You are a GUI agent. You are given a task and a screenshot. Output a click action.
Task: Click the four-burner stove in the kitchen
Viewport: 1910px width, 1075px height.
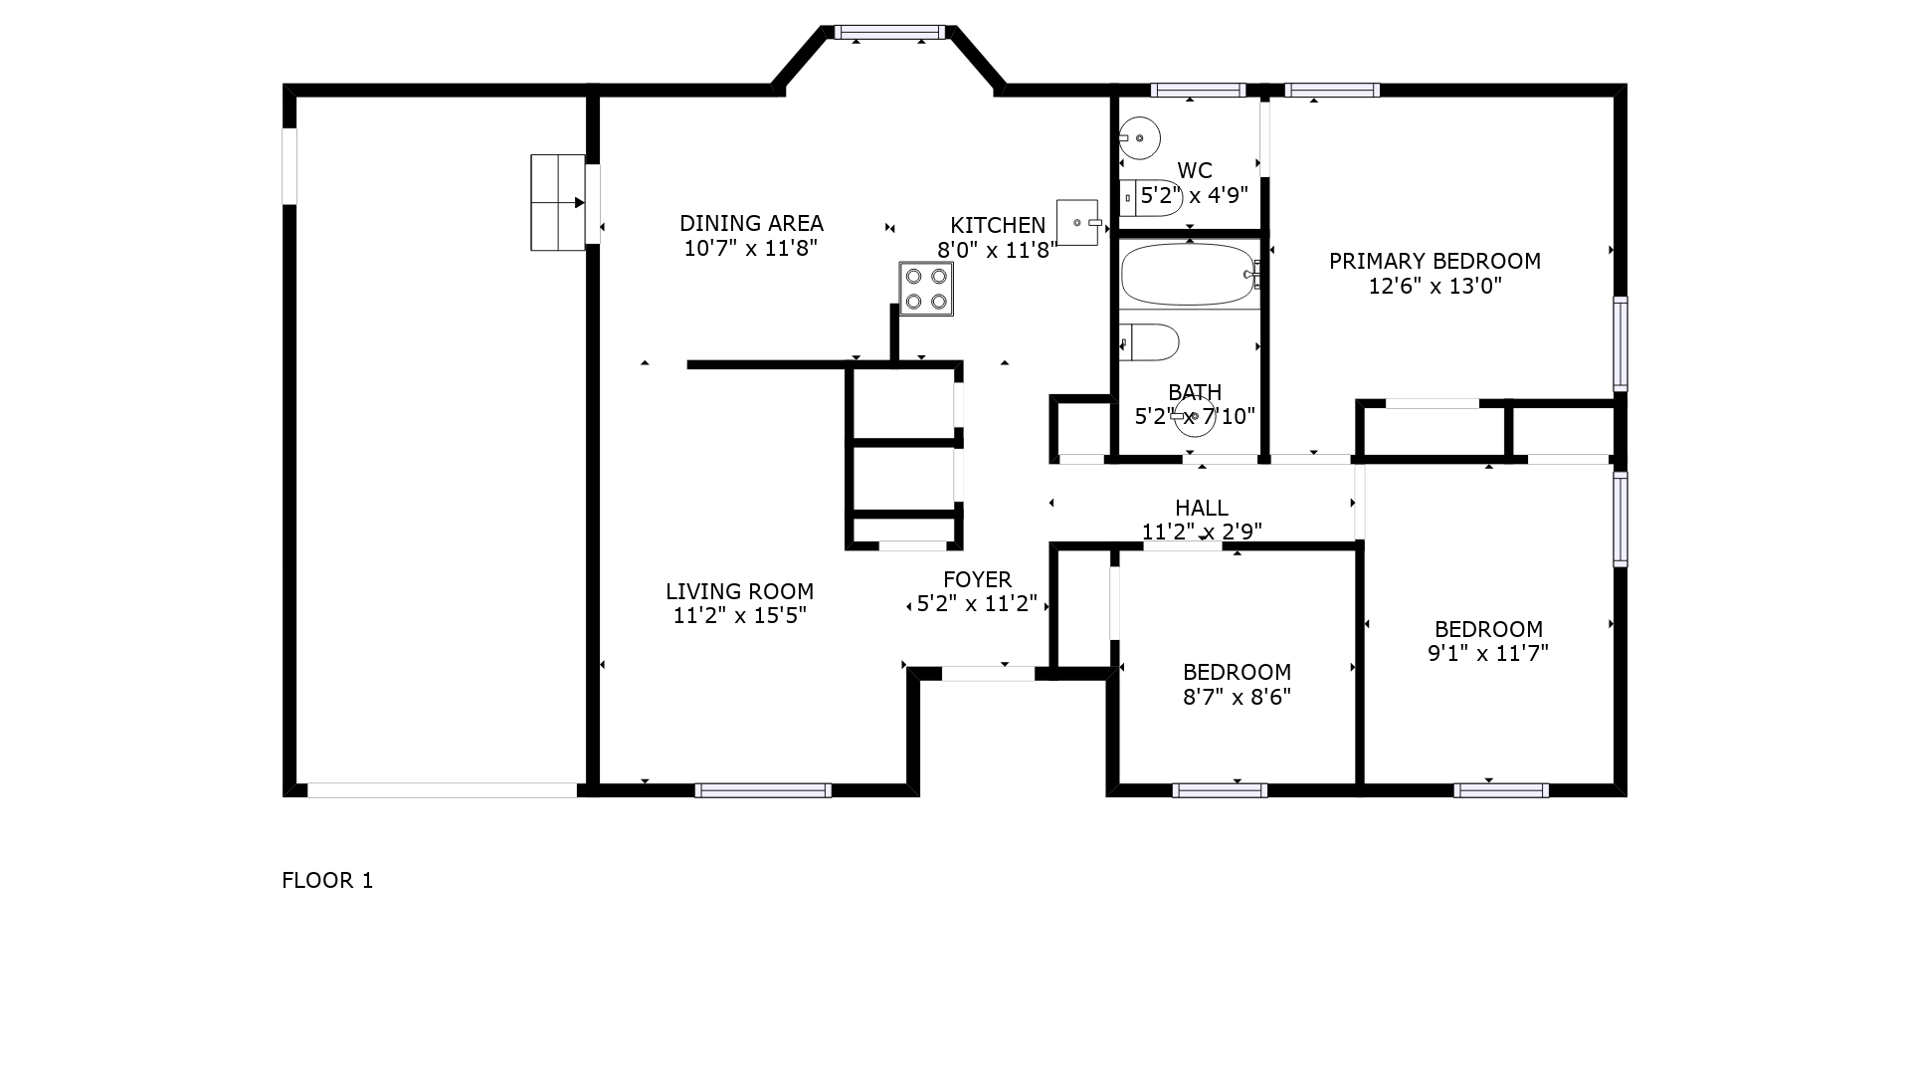(926, 289)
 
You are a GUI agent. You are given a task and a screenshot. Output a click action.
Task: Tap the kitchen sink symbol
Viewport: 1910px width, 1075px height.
(1079, 222)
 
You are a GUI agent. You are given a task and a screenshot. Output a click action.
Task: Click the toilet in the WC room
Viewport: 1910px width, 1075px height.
(1152, 198)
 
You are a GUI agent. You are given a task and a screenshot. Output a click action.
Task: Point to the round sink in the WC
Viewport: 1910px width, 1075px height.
(1139, 138)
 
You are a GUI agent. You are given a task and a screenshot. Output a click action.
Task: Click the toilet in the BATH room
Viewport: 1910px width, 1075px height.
(1150, 342)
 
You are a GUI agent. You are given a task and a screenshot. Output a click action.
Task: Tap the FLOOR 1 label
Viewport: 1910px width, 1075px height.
(327, 880)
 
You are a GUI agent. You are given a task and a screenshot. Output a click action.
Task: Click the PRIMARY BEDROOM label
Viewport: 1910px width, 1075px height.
(1434, 261)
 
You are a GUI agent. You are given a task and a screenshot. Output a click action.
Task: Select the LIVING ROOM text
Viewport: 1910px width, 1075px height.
(740, 591)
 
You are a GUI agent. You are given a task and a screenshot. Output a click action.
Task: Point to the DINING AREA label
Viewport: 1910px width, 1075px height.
(751, 223)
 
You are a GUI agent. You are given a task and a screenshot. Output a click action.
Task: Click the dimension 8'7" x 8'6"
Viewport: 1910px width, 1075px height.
(1237, 697)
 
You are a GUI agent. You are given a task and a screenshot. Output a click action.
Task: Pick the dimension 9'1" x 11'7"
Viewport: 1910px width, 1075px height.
(1488, 653)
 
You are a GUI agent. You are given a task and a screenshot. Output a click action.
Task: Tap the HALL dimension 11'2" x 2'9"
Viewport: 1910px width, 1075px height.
(1202, 532)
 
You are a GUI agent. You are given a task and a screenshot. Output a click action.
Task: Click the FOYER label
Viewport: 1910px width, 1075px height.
(977, 579)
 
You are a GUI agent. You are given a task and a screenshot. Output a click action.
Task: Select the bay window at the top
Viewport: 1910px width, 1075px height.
(889, 33)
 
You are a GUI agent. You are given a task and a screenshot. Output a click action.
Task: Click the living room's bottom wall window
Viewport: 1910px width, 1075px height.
(762, 790)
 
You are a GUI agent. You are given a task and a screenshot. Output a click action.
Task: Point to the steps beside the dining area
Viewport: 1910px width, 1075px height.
(558, 202)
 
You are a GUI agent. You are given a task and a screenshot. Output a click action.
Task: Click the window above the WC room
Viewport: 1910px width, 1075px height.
(1198, 91)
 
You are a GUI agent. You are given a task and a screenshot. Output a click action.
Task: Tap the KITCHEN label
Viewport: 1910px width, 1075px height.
(998, 226)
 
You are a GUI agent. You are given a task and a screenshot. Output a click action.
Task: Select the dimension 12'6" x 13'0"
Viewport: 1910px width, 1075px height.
(1434, 287)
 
